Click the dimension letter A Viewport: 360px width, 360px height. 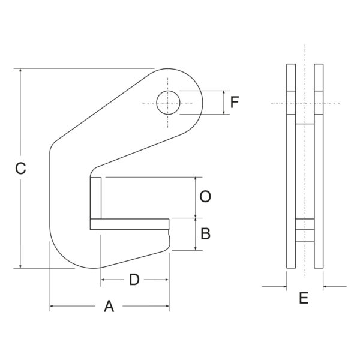109,306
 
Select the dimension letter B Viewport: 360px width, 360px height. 205,234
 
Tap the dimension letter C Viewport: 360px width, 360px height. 20,168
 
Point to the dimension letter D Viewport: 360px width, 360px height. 134,280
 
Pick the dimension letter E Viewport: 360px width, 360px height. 304,298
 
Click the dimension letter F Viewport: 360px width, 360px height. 235,102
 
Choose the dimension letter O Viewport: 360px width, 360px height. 205,197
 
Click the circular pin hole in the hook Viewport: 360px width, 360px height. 168,103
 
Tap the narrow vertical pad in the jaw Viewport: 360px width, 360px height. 96,198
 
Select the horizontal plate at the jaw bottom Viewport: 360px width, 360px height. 130,224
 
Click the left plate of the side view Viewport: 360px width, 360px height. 291,166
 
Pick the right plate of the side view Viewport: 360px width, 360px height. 319,166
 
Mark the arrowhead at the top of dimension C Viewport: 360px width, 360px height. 20,70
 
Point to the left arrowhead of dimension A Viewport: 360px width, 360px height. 52,306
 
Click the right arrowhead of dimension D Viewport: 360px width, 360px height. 167,280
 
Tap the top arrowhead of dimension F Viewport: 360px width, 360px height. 224,92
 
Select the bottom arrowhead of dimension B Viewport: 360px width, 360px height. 196,248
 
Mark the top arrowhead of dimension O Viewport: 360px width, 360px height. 196,179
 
